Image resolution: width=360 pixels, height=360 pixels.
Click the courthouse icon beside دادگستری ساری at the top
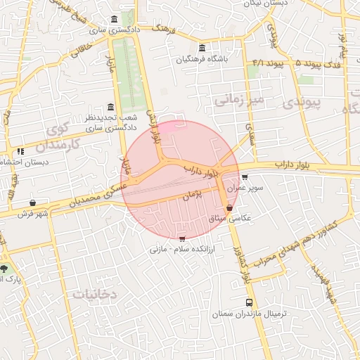(115, 19)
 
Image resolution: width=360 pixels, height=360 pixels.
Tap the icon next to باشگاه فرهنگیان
(202, 48)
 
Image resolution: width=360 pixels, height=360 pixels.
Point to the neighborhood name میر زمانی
(238, 101)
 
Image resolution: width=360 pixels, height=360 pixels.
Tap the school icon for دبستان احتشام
(20, 150)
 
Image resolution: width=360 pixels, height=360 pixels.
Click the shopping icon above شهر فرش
(33, 203)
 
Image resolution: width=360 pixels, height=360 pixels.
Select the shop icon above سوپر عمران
(244, 177)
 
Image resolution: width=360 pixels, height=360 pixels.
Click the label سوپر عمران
(250, 188)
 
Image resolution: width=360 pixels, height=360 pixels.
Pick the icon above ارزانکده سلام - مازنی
(183, 238)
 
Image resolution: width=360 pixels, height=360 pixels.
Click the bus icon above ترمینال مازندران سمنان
(248, 302)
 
